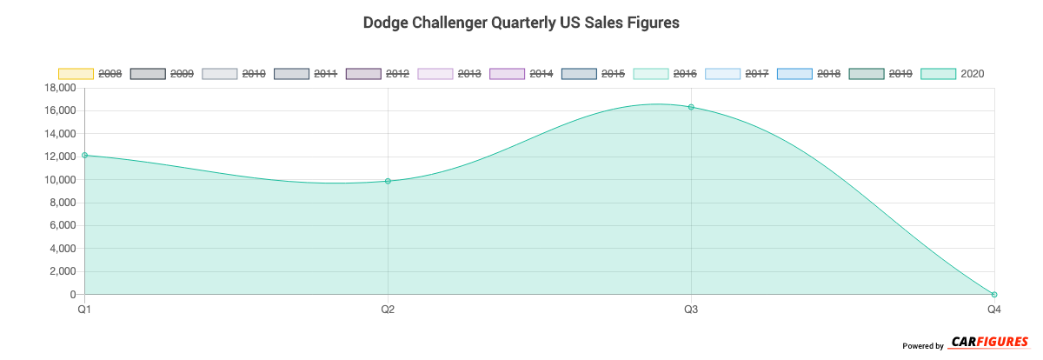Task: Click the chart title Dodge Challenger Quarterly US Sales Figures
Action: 521,23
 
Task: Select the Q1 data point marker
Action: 84,156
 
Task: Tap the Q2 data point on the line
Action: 388,181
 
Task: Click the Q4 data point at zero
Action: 994,295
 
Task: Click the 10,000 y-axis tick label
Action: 58,180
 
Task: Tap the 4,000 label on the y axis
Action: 61,249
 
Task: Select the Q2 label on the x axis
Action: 388,310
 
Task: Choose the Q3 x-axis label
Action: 691,310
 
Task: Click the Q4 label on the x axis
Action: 994,310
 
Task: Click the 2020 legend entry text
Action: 973,74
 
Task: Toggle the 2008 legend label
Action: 110,74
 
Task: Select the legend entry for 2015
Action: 613,74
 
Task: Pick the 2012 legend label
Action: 397,74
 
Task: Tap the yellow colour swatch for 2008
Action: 76,74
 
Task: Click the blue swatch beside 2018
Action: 794,74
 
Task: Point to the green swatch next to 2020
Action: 938,74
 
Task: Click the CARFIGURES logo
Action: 989,342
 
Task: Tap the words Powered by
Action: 922,346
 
